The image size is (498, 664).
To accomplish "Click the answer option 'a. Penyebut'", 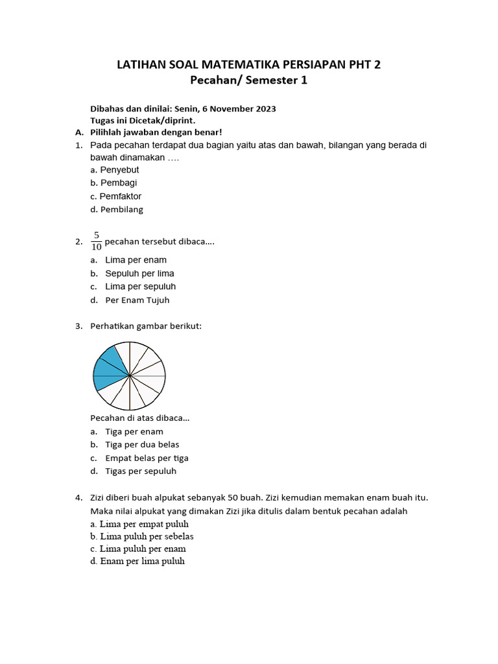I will (115, 170).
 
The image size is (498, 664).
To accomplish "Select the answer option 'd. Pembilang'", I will (117, 209).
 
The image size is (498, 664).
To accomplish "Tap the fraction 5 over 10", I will (97, 241).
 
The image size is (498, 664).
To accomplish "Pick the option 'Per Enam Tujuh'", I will (137, 300).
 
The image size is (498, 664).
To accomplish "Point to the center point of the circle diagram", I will (130, 375).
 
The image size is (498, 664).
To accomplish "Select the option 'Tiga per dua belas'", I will (142, 445).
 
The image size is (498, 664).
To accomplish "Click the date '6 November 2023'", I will (240, 109).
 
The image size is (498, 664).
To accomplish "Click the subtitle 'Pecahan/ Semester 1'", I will (248, 80).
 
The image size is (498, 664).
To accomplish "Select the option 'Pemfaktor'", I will (116, 196).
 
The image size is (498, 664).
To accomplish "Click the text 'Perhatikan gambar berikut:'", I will (146, 326).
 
